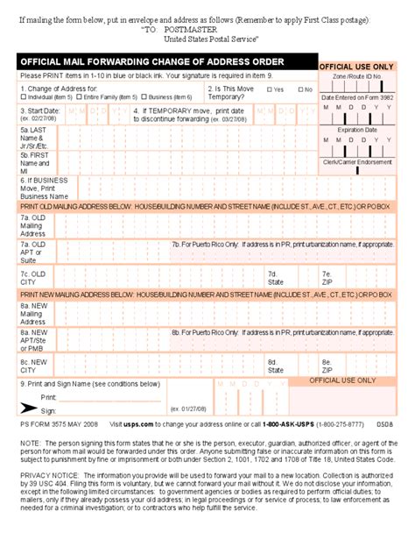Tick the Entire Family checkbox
[80, 97]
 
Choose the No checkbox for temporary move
[300, 89]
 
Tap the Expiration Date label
[357, 129]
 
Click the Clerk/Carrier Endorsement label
[357, 161]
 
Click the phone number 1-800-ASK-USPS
[291, 423]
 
